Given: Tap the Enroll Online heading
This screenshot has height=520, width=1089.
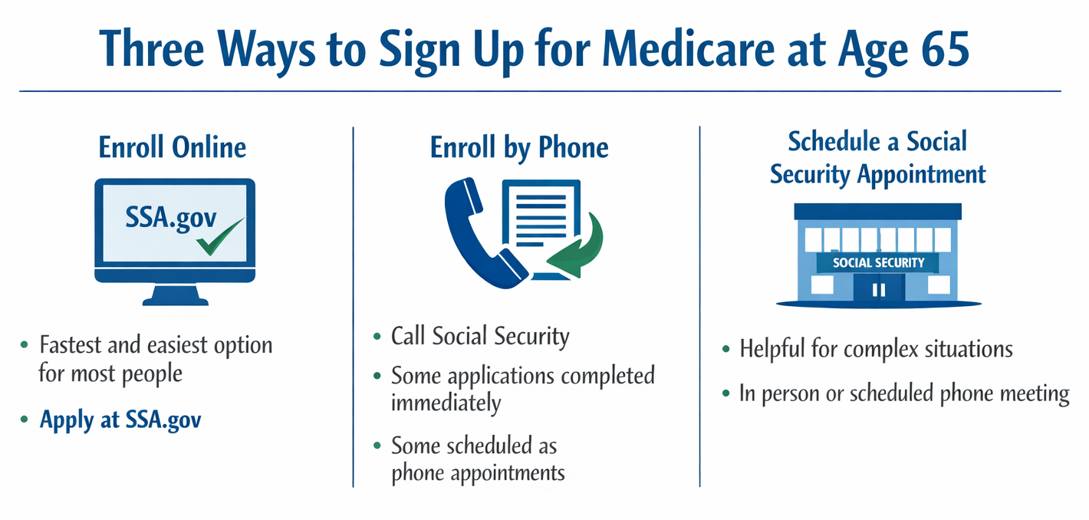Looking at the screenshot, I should click(x=173, y=147).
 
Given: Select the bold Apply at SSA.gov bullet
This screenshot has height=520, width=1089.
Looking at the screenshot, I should click(x=120, y=420).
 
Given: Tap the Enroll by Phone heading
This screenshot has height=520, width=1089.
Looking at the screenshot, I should click(x=519, y=147).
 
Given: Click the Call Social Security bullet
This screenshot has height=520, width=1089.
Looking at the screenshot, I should click(x=480, y=336).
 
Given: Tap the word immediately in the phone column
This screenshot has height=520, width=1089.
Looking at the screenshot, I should click(x=446, y=403).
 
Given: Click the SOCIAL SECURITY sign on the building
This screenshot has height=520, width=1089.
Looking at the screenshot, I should click(x=878, y=262).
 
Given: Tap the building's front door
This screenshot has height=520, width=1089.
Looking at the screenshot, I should click(x=879, y=289).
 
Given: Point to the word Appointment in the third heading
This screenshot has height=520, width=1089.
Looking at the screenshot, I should click(x=921, y=174).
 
